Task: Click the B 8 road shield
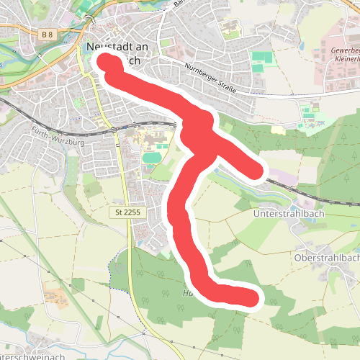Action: pyautogui.click(x=48, y=34)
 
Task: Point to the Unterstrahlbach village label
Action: pyautogui.click(x=284, y=214)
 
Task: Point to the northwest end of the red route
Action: pyautogui.click(x=107, y=63)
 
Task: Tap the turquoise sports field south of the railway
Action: pyautogui.click(x=151, y=156)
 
